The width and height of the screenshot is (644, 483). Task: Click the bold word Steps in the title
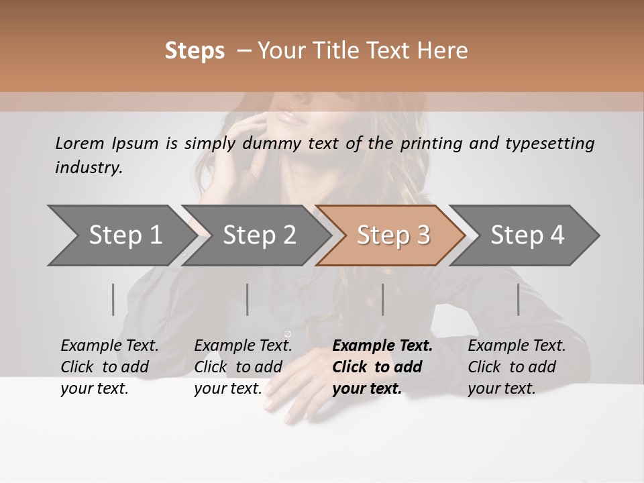(195, 51)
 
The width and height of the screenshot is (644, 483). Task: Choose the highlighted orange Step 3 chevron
(392, 235)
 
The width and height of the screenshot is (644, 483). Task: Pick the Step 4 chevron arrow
(527, 235)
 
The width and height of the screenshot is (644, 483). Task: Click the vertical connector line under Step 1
(113, 299)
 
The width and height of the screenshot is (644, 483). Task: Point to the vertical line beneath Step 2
(248, 299)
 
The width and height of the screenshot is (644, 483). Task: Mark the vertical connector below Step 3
(382, 299)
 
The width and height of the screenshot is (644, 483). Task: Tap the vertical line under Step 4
(518, 299)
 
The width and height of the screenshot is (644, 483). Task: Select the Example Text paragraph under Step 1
(109, 367)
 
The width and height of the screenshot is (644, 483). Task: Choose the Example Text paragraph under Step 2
(243, 367)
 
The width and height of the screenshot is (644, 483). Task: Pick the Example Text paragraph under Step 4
(516, 367)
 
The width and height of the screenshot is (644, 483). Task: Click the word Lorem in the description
(80, 143)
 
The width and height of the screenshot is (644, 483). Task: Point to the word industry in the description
(89, 167)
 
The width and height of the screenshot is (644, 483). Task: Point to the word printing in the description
(431, 144)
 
